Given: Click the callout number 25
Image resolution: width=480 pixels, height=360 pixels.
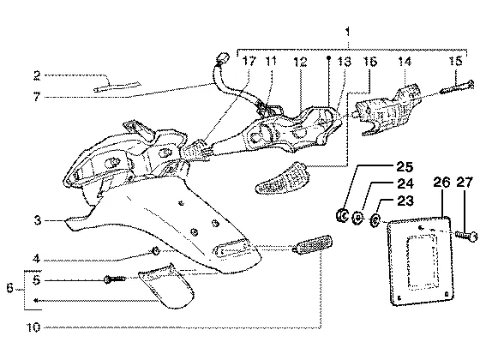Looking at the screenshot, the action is tap(405, 166).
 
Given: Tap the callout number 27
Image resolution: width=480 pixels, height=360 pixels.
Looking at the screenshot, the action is tap(465, 182).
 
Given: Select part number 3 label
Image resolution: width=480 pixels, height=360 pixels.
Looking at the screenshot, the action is tap(37, 220).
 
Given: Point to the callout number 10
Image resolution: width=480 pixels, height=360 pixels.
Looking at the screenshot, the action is tap(33, 327).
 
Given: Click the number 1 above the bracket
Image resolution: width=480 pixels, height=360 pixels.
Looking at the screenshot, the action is tap(347, 32).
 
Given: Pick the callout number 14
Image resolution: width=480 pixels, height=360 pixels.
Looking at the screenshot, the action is tap(405, 62).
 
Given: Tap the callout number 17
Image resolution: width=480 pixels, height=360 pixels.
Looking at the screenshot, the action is tap(249, 61).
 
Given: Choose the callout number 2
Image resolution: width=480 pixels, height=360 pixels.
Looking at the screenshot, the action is tap(37, 75).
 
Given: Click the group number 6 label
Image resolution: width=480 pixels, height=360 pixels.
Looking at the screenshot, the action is tap(10, 288).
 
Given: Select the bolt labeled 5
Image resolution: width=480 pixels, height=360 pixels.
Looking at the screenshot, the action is tap(115, 279).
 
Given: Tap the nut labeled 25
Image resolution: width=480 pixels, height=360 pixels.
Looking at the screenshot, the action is tap(342, 215).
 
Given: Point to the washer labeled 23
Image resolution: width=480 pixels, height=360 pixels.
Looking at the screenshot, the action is tap(375, 220).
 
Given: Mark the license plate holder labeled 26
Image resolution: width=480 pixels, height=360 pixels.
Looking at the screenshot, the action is tap(421, 261).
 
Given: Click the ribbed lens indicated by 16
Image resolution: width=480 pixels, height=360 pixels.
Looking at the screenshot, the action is tap(283, 177).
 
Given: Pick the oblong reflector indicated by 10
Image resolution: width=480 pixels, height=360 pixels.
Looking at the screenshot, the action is tap(312, 245).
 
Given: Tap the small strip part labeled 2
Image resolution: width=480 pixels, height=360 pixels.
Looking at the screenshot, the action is tap(117, 87).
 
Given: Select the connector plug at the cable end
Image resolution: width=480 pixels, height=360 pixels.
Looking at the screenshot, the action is tap(223, 57).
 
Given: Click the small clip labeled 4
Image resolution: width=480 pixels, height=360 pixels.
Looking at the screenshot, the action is tap(156, 251).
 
